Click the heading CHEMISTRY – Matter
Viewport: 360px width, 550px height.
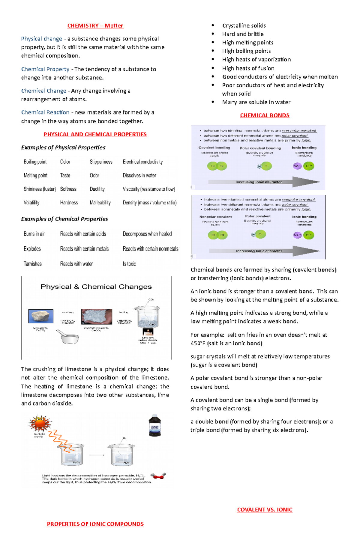(x=95, y=26)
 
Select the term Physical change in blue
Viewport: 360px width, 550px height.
(x=41, y=39)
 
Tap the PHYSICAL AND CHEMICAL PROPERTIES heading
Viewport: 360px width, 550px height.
(x=95, y=134)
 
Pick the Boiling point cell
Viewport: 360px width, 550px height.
(x=35, y=162)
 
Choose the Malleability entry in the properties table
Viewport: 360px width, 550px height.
(x=100, y=203)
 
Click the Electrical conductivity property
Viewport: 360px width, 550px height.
(x=143, y=162)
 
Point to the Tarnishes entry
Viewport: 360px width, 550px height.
(x=33, y=264)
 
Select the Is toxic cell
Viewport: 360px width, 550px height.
(x=129, y=264)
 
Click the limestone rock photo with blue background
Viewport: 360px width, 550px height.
(x=41, y=316)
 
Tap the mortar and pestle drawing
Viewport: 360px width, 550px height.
(x=69, y=337)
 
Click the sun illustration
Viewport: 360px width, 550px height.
(x=40, y=424)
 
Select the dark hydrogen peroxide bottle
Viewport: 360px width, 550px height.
(x=155, y=425)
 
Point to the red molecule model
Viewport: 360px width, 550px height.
(x=158, y=476)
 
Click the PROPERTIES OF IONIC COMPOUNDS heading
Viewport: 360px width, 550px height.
(x=95, y=524)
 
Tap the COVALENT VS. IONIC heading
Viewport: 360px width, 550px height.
(x=265, y=510)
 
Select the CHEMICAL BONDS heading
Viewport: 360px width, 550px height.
(x=265, y=115)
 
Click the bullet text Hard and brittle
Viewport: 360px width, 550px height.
(x=243, y=34)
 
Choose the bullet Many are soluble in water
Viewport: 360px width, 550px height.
(x=256, y=102)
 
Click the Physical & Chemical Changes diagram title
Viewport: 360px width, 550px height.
(x=96, y=287)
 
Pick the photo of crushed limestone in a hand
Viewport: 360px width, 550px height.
(x=97, y=317)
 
